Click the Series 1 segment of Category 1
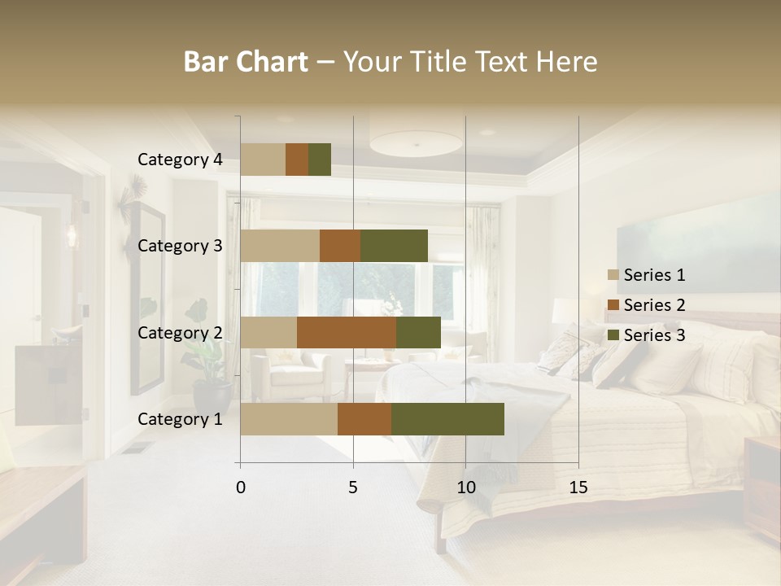tap(289, 419)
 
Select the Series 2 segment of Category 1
tap(364, 419)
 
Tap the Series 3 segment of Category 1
tap(447, 419)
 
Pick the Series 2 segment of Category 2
tap(347, 333)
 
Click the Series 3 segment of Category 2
tap(418, 333)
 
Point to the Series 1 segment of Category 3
tap(280, 246)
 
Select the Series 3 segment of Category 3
tap(394, 246)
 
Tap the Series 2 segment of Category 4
tap(297, 160)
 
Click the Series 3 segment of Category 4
tap(320, 160)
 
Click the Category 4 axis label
tap(180, 160)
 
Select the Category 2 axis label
tap(180, 333)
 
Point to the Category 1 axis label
tap(180, 419)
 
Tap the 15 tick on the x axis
tap(578, 488)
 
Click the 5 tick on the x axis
tap(353, 488)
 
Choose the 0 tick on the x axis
tap(241, 488)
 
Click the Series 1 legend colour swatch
tap(613, 276)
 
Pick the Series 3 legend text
tap(654, 335)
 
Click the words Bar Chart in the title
tap(246, 62)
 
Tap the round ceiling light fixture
tap(416, 143)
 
